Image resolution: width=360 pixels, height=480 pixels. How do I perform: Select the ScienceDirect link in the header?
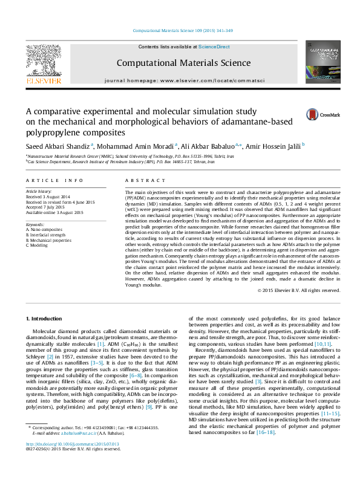pos(214,47)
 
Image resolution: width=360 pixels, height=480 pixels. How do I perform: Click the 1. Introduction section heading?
pos(45,318)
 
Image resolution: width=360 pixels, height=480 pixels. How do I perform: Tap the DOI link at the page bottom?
pos(72,461)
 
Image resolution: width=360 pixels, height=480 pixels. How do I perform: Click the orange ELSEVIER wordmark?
pos(42,80)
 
